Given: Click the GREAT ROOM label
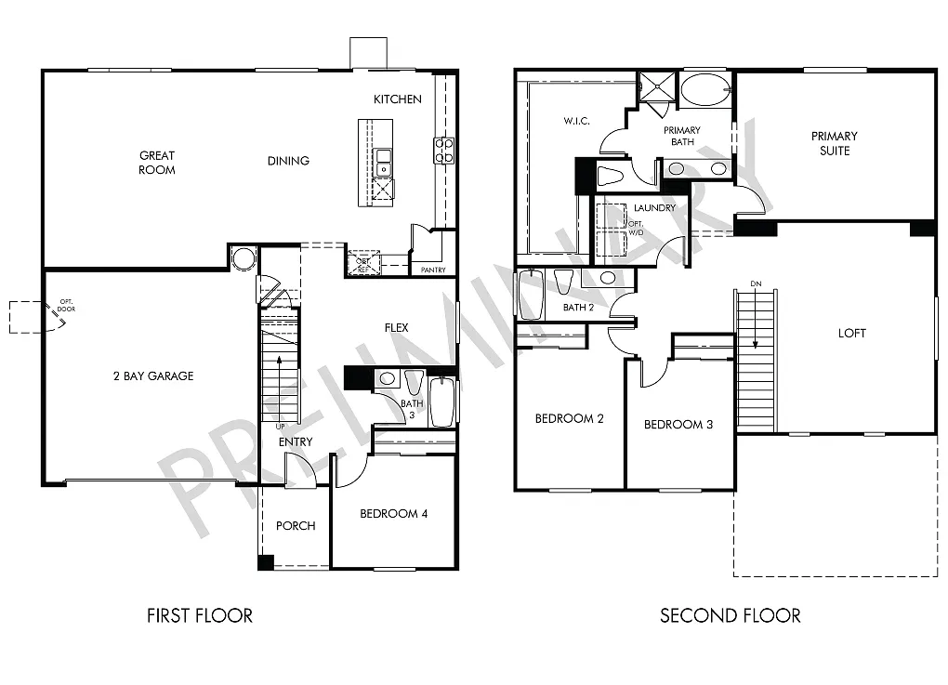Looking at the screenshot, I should click(x=157, y=163).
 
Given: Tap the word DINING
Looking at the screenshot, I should click(x=288, y=161).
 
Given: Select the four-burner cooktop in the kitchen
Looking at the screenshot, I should click(x=443, y=150).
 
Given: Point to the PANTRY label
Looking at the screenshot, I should click(x=433, y=270).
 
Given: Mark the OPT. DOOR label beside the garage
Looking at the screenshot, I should click(x=67, y=304).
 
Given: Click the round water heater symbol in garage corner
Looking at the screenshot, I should click(x=244, y=257).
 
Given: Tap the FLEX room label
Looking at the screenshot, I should click(x=397, y=327).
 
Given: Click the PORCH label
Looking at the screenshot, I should click(x=296, y=526).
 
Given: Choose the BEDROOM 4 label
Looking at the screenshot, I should click(x=393, y=514).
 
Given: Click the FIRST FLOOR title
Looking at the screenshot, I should click(x=200, y=615).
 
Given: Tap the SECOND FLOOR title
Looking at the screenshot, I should click(x=730, y=615).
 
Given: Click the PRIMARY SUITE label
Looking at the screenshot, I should click(x=834, y=143).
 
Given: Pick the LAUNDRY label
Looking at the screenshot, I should click(x=654, y=208).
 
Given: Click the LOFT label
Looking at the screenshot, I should click(x=851, y=333).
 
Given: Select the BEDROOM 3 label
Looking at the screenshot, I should click(x=678, y=425).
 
